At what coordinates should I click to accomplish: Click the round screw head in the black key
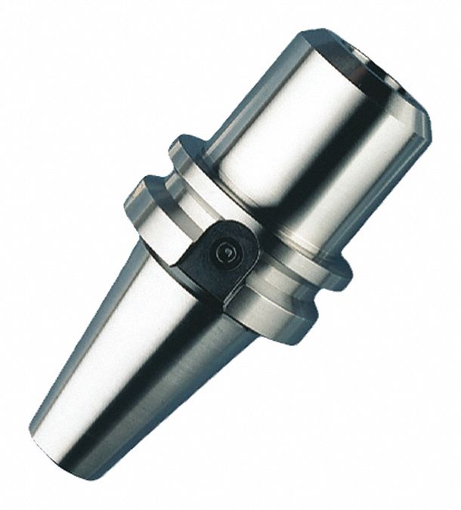click(x=224, y=254)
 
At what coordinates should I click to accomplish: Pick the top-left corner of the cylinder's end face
click(x=306, y=34)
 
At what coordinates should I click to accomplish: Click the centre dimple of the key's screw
click(x=224, y=254)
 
